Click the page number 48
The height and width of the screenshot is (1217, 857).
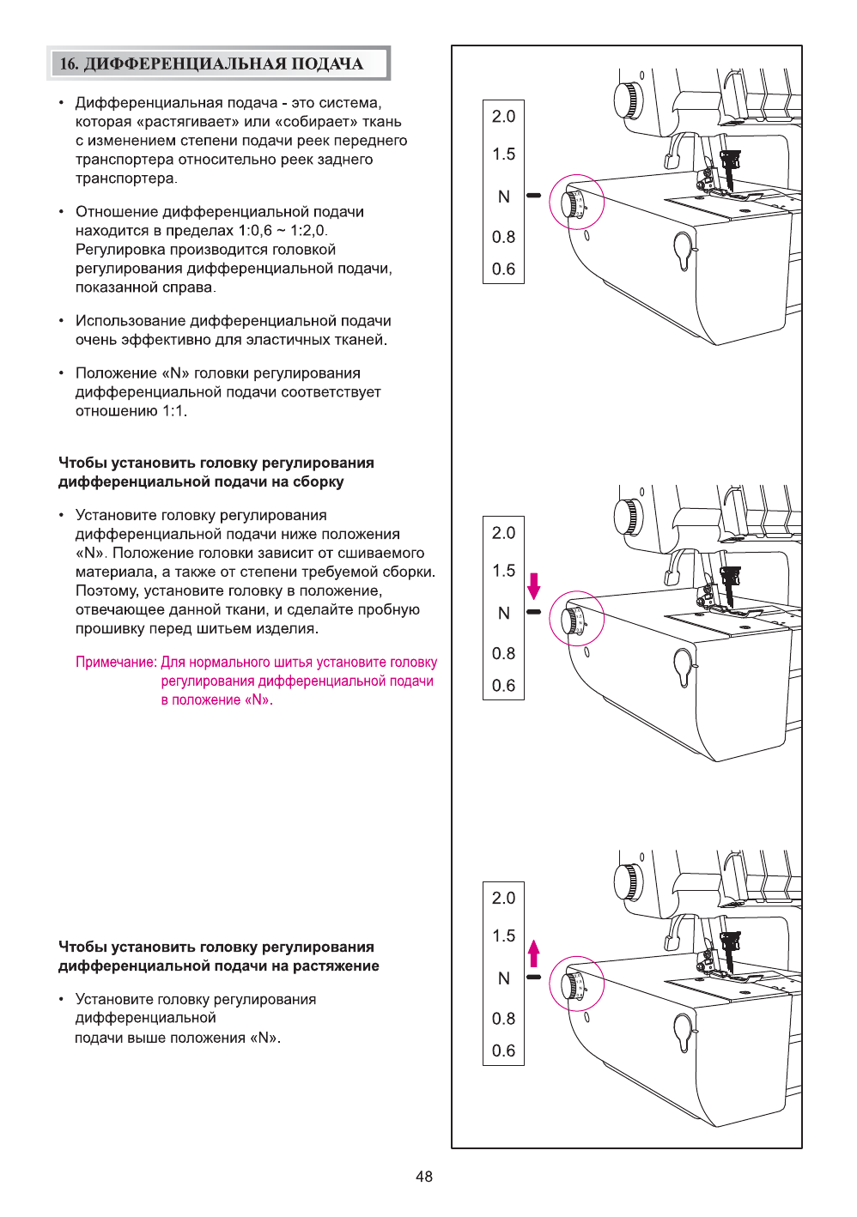click(x=424, y=1177)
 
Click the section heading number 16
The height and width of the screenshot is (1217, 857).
click(x=69, y=64)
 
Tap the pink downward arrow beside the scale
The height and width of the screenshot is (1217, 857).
click(x=534, y=586)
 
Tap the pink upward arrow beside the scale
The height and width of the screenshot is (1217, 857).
click(x=534, y=954)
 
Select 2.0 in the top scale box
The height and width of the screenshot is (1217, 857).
click(x=503, y=117)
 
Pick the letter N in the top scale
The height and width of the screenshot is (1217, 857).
click(x=504, y=197)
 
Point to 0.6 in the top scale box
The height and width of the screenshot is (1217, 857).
click(x=503, y=269)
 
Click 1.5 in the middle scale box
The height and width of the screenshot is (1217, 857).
click(x=503, y=571)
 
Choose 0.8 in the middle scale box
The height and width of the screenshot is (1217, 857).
click(x=503, y=654)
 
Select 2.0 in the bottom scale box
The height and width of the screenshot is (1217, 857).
click(x=503, y=899)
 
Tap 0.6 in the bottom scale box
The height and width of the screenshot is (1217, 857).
click(x=503, y=1051)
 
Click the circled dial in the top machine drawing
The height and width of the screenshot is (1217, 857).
click(x=576, y=203)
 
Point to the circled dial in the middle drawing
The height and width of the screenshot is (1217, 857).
click(x=576, y=619)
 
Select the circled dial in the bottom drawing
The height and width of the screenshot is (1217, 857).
click(x=576, y=984)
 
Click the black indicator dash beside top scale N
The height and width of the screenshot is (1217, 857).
click(x=534, y=196)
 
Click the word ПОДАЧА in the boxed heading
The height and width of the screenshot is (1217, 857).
click(x=327, y=64)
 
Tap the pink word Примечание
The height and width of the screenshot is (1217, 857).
click(x=116, y=663)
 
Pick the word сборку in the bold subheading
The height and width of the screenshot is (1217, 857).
click(x=318, y=482)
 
